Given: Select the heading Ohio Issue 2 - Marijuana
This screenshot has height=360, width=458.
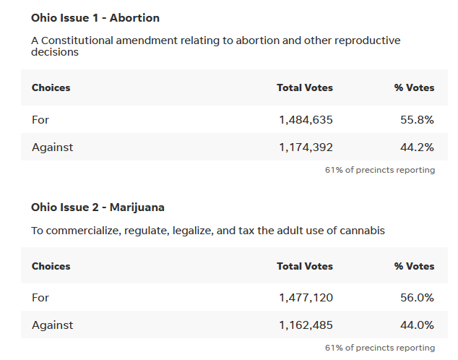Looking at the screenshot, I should (98, 207).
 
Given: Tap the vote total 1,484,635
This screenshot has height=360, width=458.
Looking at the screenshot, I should (306, 120).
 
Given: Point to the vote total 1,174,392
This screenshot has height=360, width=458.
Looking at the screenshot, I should (306, 147).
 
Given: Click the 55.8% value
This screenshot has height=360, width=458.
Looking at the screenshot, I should (417, 120).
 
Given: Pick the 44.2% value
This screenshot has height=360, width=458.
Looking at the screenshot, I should (417, 147).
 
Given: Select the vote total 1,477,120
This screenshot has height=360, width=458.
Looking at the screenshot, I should (306, 298).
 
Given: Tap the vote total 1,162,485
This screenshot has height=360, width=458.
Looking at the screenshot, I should (306, 325).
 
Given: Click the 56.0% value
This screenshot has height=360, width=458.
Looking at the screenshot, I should (417, 298).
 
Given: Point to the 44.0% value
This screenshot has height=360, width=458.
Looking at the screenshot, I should (417, 325).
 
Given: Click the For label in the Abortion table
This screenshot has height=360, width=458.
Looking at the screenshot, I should (40, 120).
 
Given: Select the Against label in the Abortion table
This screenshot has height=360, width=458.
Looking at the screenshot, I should (52, 147).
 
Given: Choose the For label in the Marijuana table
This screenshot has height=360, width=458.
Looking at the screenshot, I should (40, 298).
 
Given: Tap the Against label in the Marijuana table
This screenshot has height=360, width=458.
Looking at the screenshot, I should (52, 325).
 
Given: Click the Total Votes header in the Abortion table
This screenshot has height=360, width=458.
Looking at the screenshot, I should (305, 87).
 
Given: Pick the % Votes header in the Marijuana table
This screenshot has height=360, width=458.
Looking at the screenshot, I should (414, 266).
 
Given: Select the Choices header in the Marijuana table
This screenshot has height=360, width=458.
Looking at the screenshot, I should (51, 266).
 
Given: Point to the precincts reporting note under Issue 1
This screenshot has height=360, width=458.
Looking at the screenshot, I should (380, 170).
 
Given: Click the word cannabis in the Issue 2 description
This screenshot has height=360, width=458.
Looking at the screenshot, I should (360, 231).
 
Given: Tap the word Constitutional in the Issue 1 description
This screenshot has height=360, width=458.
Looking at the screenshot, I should (77, 40).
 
